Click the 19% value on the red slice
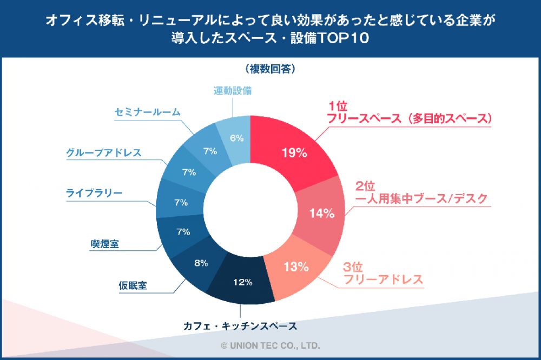point(294,153)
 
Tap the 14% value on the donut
point(322,213)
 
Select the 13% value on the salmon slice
point(296,266)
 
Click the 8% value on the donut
point(201,263)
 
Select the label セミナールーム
point(148,112)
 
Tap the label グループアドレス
point(104,152)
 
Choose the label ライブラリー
point(94,193)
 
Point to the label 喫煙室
point(104,244)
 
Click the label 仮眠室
point(133,285)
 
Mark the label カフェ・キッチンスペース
point(240,326)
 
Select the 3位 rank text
point(354,268)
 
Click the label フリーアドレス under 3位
point(383,280)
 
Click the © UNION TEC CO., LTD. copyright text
point(270,344)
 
